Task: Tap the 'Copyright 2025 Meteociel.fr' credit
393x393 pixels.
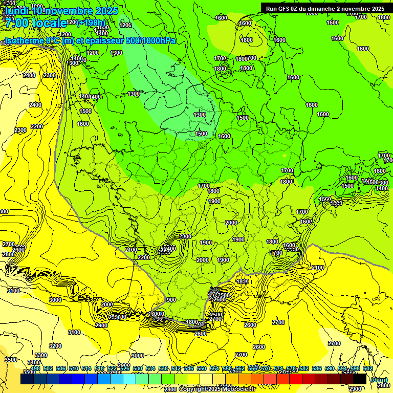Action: [x=217, y=389]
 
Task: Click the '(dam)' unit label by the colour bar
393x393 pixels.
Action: [x=379, y=379]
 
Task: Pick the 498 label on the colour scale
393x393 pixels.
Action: [x=35, y=368]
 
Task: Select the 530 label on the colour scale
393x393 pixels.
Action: [x=138, y=368]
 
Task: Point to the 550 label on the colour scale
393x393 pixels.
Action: [x=202, y=368]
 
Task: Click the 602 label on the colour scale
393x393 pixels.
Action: [x=368, y=368]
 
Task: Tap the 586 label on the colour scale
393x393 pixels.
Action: [x=317, y=368]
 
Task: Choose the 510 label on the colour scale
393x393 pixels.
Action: [x=74, y=368]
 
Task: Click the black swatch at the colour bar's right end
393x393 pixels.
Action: [x=360, y=379]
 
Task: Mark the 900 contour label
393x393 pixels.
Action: [x=171, y=300]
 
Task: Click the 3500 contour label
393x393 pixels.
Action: [x=10, y=360]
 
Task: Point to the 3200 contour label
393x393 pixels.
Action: [x=55, y=346]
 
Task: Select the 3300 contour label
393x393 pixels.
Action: [x=41, y=355]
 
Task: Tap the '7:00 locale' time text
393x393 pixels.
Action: [x=36, y=23]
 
